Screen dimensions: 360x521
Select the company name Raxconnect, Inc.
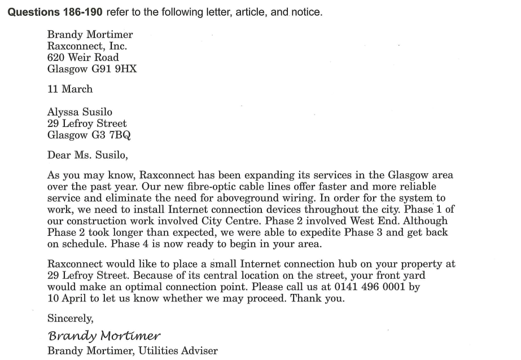pyautogui.click(x=87, y=46)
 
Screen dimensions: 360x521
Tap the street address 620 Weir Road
pyautogui.click(x=83, y=58)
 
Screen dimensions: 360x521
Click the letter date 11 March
pyautogui.click(x=70, y=89)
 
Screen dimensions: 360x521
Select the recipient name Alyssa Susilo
pyautogui.click(x=80, y=112)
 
